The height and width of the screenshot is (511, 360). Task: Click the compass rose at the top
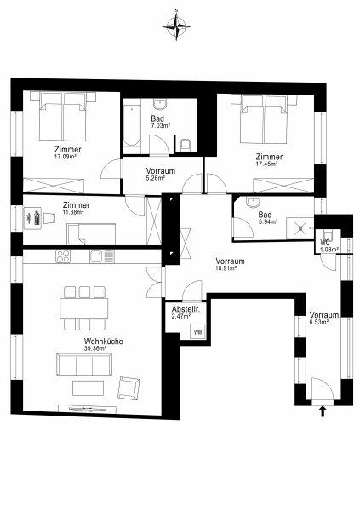(x=176, y=25)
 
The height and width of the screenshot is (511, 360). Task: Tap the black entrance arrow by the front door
(x=323, y=411)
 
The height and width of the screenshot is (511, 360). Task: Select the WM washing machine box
(x=197, y=332)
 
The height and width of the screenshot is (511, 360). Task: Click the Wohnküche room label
(x=104, y=342)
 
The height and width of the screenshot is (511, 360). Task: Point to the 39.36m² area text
(x=95, y=348)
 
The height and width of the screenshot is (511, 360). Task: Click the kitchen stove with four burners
(x=63, y=256)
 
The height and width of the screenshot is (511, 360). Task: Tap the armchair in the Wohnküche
(x=129, y=388)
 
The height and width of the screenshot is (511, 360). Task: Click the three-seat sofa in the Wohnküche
(x=84, y=365)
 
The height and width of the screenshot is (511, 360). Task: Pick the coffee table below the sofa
(x=88, y=388)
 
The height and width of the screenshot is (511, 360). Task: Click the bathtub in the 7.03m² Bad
(x=132, y=126)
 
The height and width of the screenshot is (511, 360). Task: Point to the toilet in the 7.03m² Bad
(x=185, y=145)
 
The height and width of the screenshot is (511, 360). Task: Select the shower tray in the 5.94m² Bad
(x=300, y=228)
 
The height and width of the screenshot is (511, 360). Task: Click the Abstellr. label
(x=186, y=309)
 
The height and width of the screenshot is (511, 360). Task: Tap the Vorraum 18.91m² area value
(x=226, y=268)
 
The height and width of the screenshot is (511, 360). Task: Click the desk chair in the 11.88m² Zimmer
(x=49, y=218)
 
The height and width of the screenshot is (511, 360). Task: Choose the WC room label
(x=325, y=243)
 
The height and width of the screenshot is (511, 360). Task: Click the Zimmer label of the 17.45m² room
(x=269, y=157)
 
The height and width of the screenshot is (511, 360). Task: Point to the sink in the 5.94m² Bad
(x=253, y=203)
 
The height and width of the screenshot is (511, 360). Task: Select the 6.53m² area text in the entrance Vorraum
(x=318, y=322)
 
